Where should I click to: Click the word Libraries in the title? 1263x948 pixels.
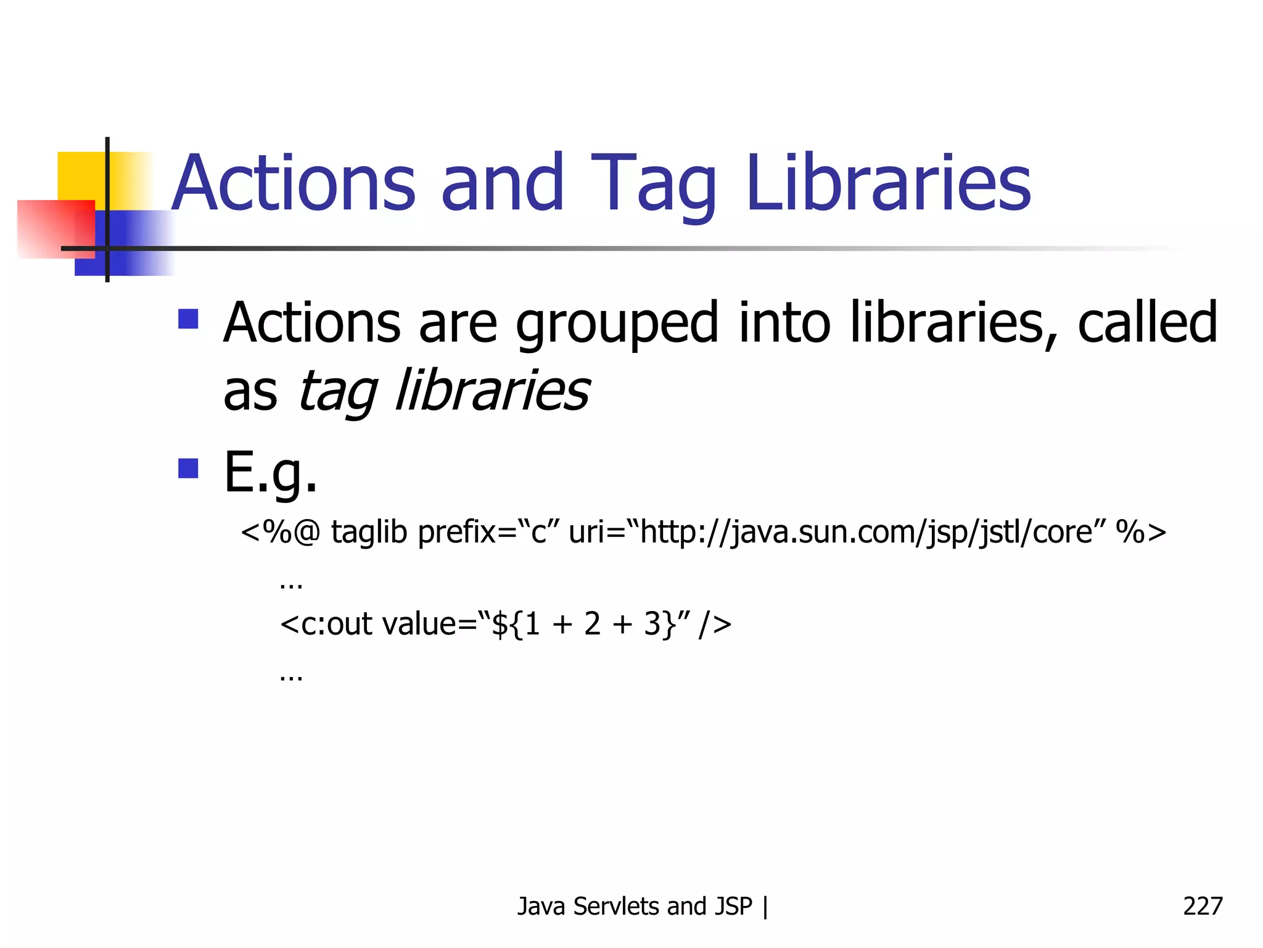pyautogui.click(x=888, y=183)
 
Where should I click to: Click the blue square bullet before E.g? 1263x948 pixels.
pyautogui.click(x=188, y=468)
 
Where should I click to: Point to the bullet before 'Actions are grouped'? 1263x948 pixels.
pyautogui.click(x=188, y=319)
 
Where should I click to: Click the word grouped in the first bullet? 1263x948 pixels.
pyautogui.click(x=617, y=323)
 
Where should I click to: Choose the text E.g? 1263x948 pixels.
pyautogui.click(x=270, y=473)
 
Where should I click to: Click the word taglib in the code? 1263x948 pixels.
pyautogui.click(x=369, y=531)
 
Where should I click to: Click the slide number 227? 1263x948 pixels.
pyautogui.click(x=1202, y=906)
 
